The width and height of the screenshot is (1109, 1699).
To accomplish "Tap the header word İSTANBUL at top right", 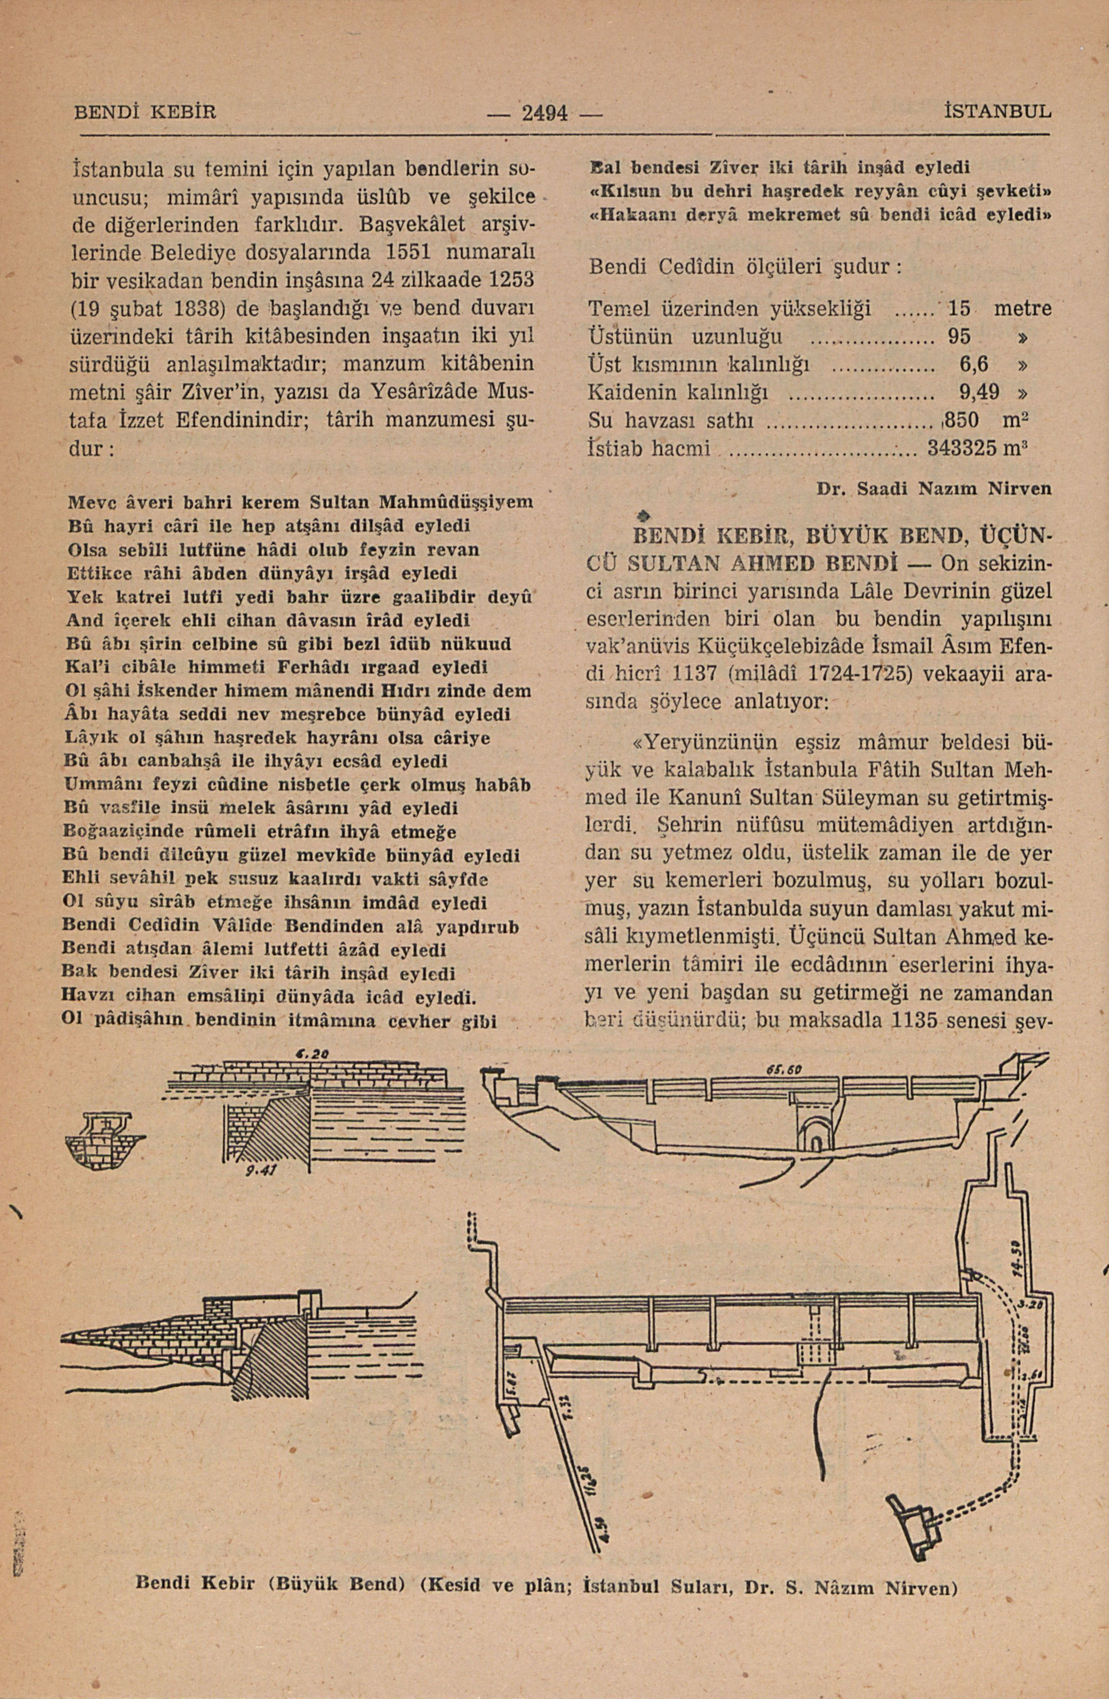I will click(996, 112).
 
